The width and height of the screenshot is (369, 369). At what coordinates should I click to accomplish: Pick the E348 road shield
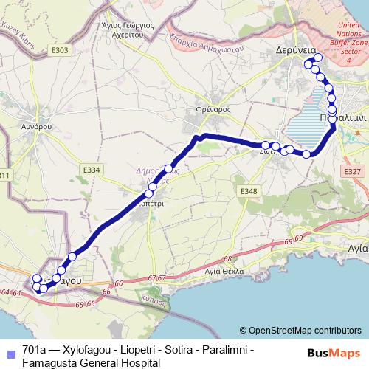pos(248,191)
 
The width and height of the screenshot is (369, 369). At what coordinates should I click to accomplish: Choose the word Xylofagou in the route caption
pos(91,349)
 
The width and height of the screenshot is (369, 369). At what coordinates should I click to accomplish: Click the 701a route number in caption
pos(36,349)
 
